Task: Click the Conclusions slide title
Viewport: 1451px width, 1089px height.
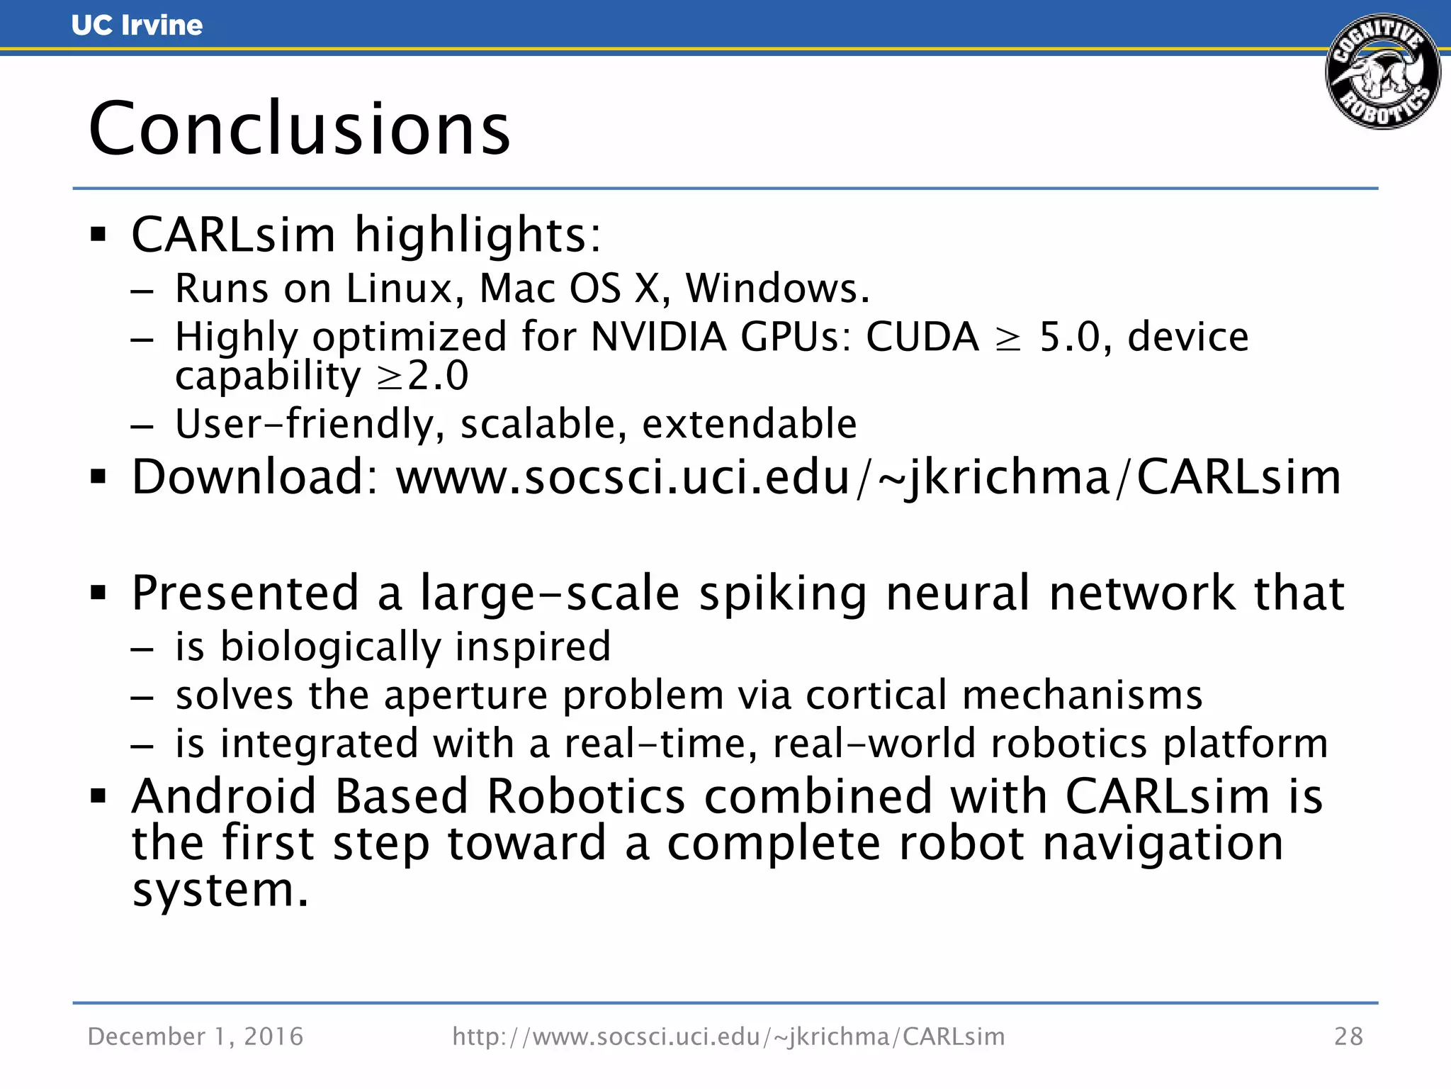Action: (299, 129)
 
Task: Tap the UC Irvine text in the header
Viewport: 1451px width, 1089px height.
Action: (137, 26)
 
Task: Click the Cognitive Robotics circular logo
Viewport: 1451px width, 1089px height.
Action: (1382, 72)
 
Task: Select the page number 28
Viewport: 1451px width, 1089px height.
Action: (1348, 1037)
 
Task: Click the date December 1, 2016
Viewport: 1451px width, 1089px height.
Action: (196, 1037)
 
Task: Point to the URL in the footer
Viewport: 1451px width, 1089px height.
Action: (728, 1037)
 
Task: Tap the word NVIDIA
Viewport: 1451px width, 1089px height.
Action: (658, 336)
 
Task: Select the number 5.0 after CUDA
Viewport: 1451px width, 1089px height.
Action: (1069, 337)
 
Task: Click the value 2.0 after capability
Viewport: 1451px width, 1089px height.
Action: (438, 376)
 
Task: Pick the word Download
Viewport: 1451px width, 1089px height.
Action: (255, 476)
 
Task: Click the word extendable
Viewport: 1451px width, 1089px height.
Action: (749, 424)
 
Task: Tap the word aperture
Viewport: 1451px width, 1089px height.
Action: (466, 695)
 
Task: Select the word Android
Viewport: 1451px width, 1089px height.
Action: (224, 796)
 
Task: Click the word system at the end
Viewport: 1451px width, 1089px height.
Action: (220, 890)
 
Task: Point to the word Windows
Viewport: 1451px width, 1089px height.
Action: (777, 289)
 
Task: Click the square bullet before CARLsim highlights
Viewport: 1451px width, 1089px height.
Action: (98, 235)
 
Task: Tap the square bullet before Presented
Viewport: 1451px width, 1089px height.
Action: (98, 593)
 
